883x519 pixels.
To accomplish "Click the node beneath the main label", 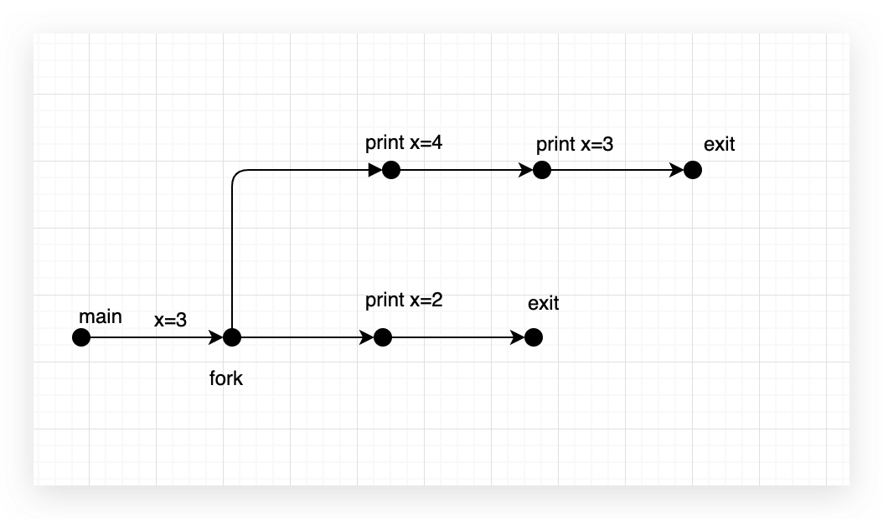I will coord(81,337).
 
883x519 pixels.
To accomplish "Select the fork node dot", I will coord(232,337).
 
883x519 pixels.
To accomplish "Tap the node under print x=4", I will coord(391,170).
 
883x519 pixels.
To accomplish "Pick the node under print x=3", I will coord(542,170).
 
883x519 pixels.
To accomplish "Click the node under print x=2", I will coord(383,337).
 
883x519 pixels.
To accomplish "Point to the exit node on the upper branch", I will coord(692,170).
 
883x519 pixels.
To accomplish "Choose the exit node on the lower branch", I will coord(534,337).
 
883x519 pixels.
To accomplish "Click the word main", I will coord(100,317).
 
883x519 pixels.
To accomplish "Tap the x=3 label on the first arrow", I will coord(170,319).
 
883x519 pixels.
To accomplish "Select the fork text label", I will coord(226,378).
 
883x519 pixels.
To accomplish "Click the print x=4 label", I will coord(404,142).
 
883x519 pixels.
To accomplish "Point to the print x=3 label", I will coord(575,144).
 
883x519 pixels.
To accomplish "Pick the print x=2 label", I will coord(404,300).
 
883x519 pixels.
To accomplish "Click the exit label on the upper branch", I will coord(719,144).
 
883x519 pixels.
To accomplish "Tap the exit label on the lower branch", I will coord(543,303).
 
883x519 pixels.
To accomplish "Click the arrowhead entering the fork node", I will coord(217,337).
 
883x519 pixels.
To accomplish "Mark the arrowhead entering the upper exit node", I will coord(677,170).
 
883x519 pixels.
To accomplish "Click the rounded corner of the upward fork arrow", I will coord(235,174).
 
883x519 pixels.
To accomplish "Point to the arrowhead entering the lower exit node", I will coord(519,337).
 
